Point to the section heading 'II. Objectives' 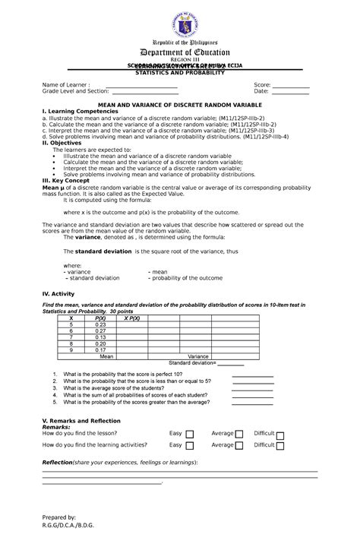pyautogui.click(x=67, y=142)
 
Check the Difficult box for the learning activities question pyautogui.click(x=280, y=447)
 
